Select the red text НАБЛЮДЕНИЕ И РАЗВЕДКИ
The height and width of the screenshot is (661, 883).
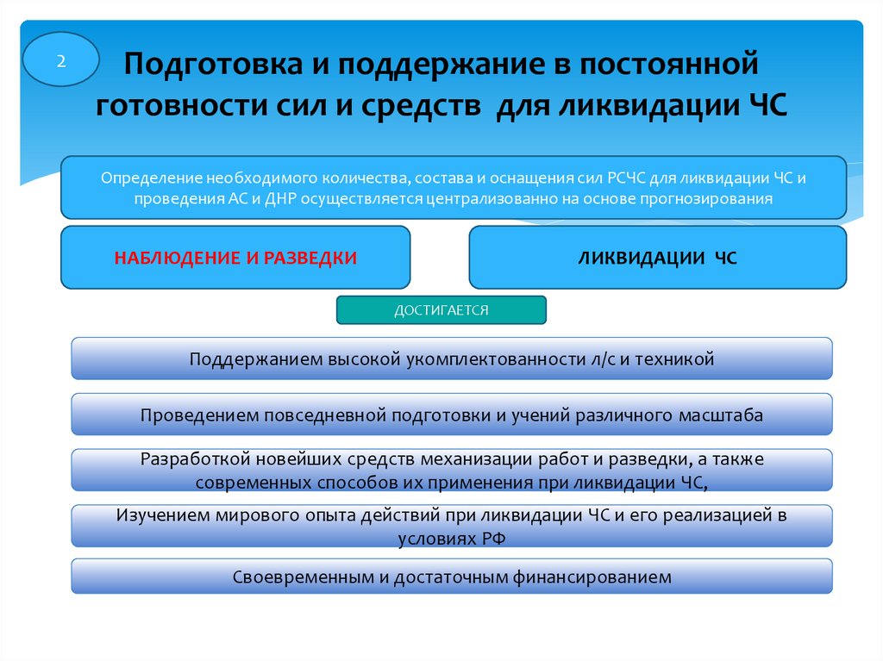point(235,257)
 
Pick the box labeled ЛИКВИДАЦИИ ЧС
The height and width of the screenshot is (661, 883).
point(657,257)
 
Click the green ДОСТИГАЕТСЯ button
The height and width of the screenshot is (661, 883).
point(441,310)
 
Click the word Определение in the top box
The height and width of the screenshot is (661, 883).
point(151,178)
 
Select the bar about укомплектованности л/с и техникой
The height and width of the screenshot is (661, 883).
point(452,359)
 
